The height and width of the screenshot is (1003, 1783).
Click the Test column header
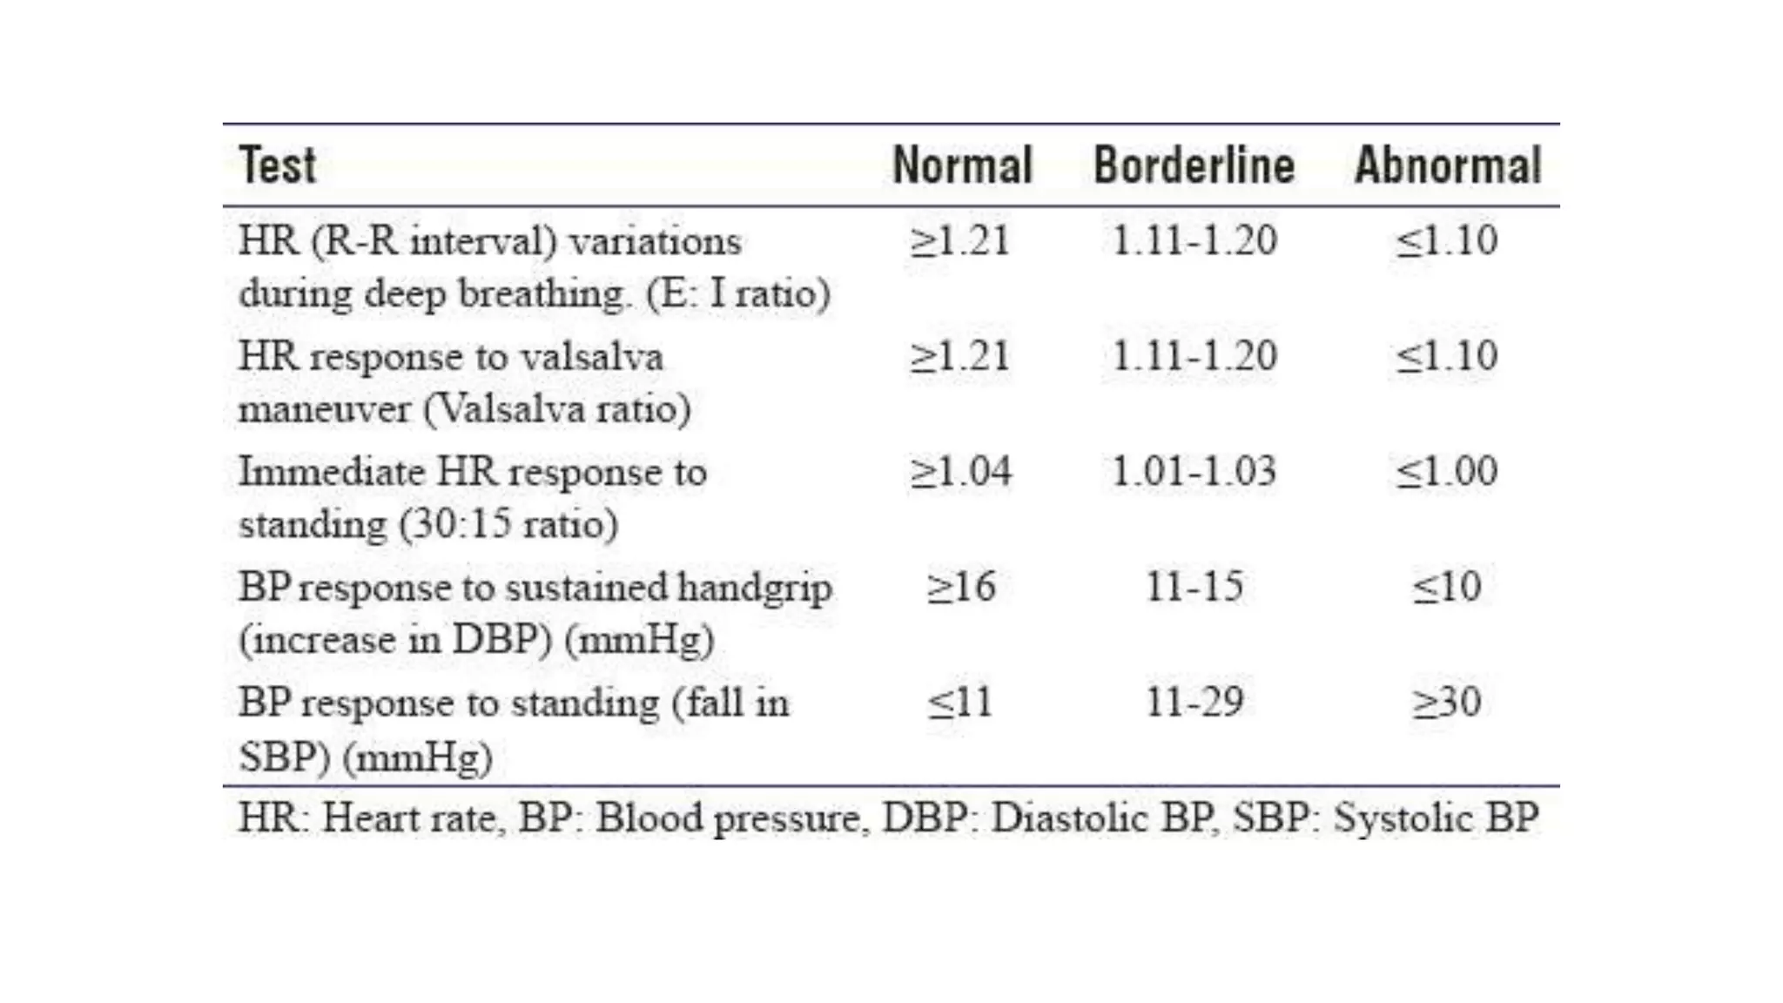[x=277, y=165]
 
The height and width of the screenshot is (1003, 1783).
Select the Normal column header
[x=962, y=165]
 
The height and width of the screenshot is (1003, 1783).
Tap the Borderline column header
[x=1194, y=165]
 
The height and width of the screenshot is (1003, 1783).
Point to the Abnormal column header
[x=1448, y=165]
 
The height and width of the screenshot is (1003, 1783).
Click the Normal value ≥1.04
[x=960, y=472]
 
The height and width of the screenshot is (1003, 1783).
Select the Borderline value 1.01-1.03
[x=1194, y=472]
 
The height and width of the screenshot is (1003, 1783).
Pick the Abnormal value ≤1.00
[x=1446, y=472]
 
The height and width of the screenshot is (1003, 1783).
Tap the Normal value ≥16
[x=960, y=588]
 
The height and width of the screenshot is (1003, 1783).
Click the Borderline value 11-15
[x=1194, y=588]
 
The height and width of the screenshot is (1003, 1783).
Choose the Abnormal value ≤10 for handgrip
[x=1446, y=588]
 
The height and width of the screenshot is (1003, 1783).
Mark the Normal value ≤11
[x=960, y=703]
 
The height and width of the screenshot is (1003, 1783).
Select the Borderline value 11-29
[x=1194, y=703]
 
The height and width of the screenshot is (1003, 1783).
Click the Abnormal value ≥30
[x=1446, y=703]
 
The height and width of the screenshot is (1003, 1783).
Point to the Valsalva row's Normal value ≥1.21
[x=960, y=356]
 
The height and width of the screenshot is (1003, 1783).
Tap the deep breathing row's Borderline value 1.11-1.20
[x=1194, y=240]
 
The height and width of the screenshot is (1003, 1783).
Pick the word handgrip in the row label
[x=755, y=588]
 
